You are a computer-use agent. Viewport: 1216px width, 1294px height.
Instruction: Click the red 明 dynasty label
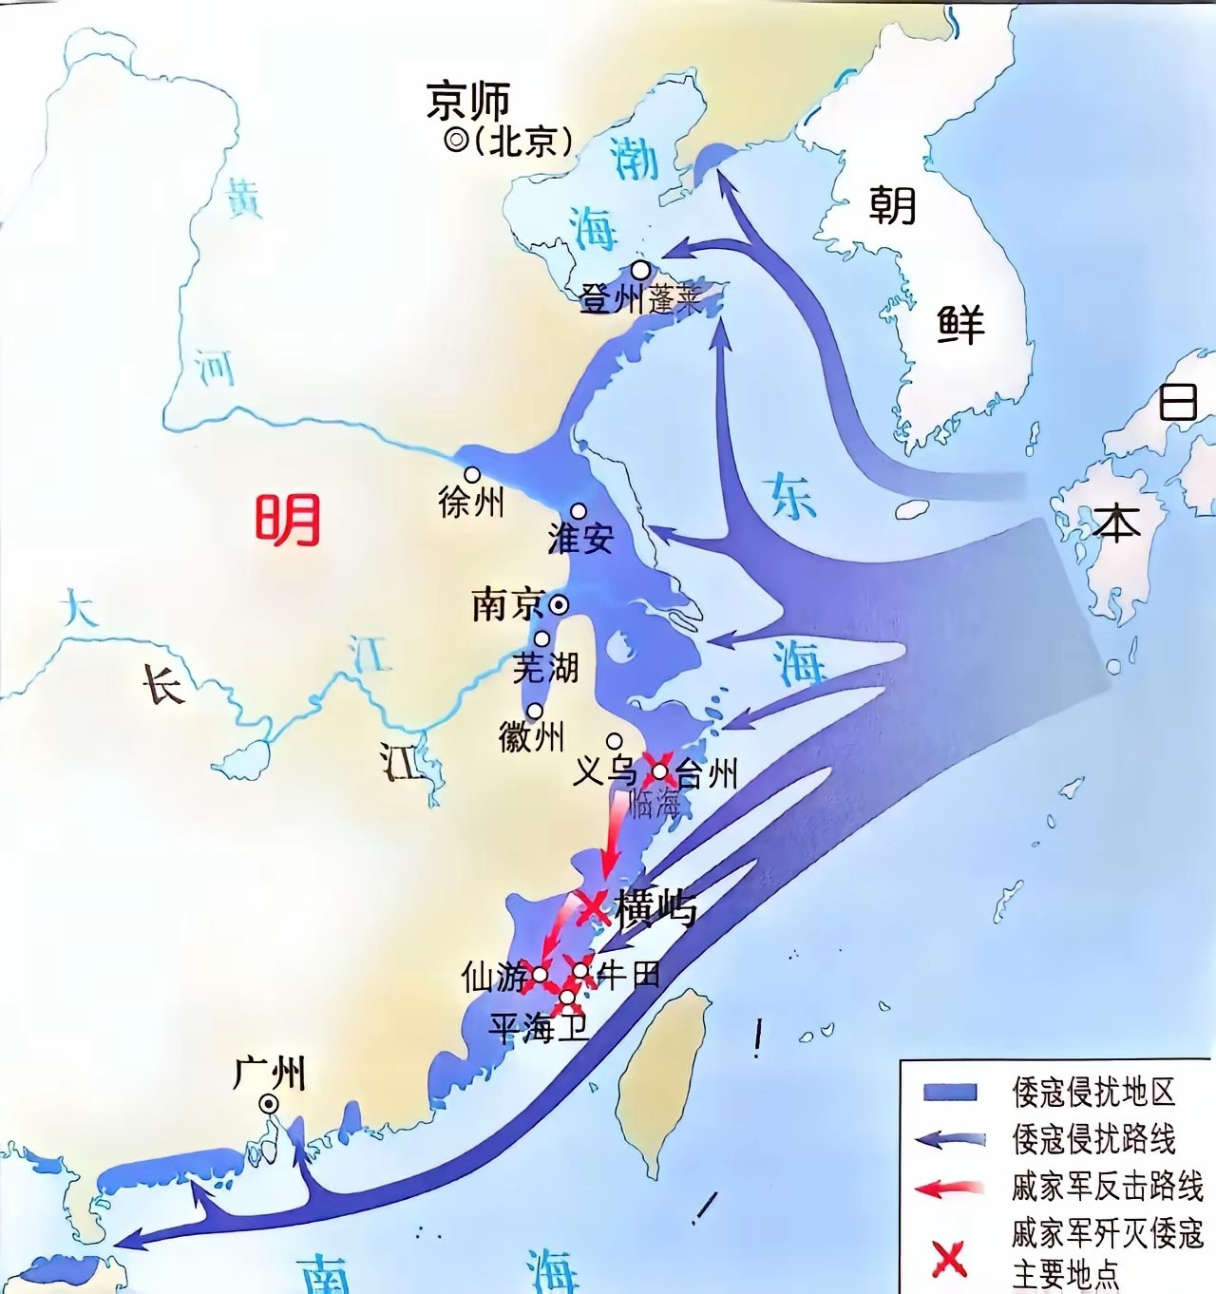coord(287,520)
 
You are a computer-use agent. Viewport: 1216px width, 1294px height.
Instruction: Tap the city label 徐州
coord(470,502)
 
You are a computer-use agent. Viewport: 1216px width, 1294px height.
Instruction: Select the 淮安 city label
coord(580,539)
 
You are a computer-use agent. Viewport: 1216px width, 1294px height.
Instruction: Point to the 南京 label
coord(508,605)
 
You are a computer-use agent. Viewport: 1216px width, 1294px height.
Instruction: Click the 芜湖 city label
coord(545,668)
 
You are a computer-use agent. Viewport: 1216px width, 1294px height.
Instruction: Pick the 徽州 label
coord(531,736)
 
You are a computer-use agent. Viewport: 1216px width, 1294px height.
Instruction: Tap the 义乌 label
coord(605,770)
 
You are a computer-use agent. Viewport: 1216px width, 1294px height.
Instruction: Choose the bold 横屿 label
coord(655,909)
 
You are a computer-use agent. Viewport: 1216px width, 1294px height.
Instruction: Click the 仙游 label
coord(493,976)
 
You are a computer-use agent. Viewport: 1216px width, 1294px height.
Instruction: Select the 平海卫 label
coord(539,1027)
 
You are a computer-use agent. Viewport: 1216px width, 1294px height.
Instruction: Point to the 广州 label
coord(270,1074)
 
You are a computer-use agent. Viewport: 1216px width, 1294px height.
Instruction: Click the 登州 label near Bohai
coord(612,300)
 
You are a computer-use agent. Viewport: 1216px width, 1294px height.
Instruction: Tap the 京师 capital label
coord(468,101)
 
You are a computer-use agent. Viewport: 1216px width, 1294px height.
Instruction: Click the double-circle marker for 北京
coord(456,142)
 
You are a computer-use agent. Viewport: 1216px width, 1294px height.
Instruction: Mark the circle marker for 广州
coord(270,1103)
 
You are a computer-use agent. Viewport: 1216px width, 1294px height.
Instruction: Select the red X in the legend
coord(948,1259)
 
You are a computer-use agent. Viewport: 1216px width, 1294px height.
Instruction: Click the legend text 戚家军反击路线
coord(1107,1186)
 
